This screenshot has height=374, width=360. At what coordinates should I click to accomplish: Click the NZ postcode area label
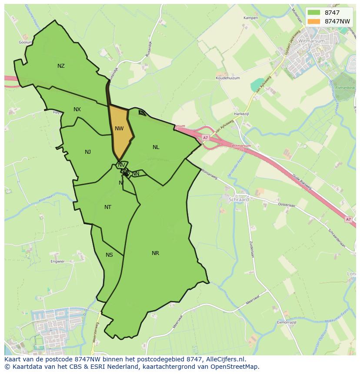61,66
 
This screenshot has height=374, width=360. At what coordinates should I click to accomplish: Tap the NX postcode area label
77,109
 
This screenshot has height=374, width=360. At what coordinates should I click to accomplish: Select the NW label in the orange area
119,129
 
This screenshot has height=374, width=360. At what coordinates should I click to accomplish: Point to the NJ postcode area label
88,152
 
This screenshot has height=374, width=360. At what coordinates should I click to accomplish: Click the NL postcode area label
156,147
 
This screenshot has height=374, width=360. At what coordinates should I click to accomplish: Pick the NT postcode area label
108,207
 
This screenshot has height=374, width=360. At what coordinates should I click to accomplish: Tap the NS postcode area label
109,255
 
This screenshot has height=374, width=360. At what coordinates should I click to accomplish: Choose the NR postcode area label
155,253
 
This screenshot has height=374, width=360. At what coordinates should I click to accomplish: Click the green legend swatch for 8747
313,13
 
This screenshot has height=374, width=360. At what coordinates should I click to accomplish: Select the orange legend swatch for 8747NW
313,21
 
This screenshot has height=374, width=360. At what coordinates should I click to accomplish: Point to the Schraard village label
239,200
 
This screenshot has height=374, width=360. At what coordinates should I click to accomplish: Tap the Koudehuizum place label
228,78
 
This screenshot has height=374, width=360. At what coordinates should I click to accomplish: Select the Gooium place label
26,43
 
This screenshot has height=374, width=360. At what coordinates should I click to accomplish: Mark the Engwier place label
57,261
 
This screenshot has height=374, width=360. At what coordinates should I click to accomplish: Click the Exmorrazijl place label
287,322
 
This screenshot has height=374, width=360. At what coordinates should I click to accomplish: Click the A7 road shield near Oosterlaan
348,219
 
